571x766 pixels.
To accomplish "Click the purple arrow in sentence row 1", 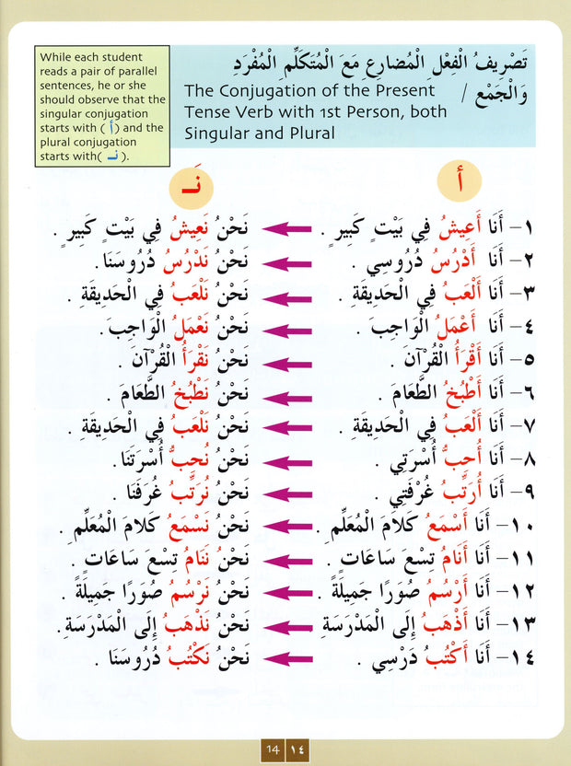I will tap(287, 225).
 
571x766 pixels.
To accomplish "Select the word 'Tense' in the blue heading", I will tap(208, 112).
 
